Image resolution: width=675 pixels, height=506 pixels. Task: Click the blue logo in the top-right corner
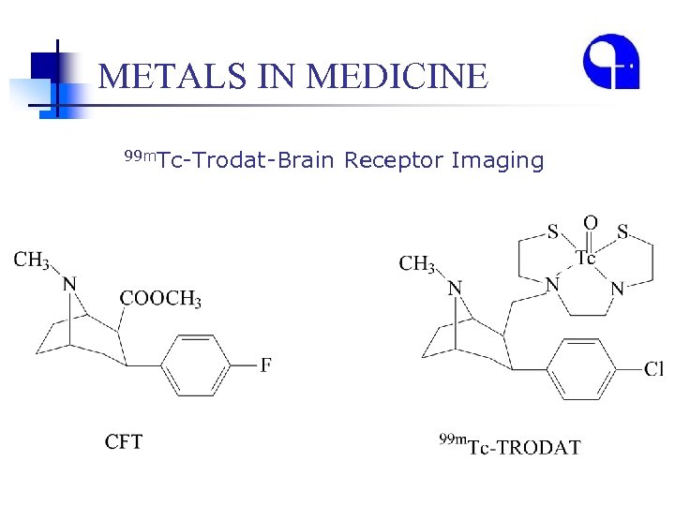610,63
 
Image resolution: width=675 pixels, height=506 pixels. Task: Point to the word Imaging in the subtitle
497,161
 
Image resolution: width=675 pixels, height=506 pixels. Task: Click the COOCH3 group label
159,300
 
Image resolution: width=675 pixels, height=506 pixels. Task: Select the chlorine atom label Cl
653,369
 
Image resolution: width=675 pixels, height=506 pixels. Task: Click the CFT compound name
124,441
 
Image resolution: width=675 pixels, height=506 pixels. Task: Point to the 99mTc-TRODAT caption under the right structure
510,445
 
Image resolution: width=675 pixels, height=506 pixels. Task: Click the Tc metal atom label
585,258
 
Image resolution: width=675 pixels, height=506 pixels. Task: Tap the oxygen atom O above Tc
590,223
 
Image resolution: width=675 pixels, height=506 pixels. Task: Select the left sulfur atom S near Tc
553,231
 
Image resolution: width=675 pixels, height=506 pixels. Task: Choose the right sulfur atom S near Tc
623,231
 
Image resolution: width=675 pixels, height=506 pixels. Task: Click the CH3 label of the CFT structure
32,260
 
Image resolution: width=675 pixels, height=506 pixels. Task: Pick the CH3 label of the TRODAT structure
417,265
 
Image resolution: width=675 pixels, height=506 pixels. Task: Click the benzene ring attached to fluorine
196,365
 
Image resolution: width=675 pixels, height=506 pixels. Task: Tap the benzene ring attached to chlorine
580,369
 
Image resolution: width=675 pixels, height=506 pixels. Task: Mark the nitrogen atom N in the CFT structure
69,284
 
